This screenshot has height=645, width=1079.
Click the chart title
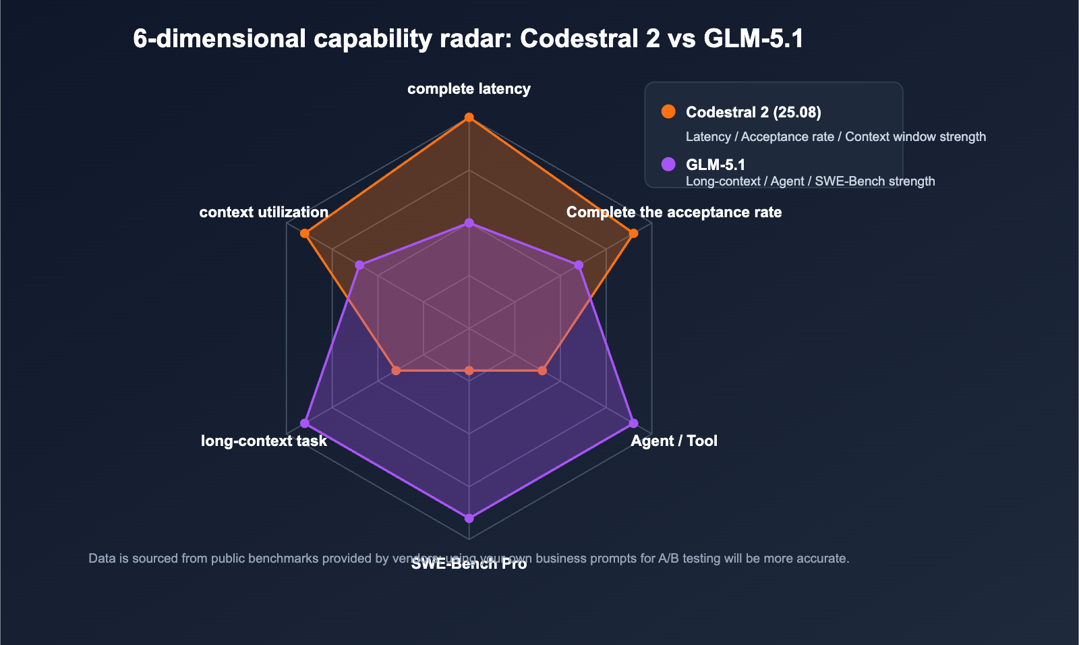pos(468,39)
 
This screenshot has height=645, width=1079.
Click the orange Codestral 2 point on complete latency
pos(469,118)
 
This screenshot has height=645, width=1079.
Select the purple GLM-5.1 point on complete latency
pos(469,223)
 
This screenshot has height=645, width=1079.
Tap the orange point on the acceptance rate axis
pos(633,234)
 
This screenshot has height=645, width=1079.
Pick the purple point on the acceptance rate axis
pos(579,265)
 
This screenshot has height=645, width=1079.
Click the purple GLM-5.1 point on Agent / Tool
pos(633,423)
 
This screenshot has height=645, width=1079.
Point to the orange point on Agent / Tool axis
pos(542,370)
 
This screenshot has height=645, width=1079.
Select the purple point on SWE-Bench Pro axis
pos(469,518)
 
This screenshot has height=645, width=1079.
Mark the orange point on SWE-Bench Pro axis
pos(469,370)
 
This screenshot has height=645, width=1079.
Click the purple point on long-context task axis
pos(305,423)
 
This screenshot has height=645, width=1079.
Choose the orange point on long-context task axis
pos(397,370)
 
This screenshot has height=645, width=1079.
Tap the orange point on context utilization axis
pos(305,234)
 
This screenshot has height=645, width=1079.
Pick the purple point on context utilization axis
pos(359,265)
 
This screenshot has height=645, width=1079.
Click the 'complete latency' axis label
pos(469,89)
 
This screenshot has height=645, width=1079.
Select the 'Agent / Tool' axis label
pos(674,441)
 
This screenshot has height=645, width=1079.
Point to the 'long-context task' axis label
pos(264,441)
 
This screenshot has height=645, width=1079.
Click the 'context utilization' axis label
pos(264,213)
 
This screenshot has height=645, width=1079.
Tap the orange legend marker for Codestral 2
pos(668,111)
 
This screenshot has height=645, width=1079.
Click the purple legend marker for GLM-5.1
pos(668,164)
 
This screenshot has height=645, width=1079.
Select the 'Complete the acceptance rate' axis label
pos(674,213)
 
